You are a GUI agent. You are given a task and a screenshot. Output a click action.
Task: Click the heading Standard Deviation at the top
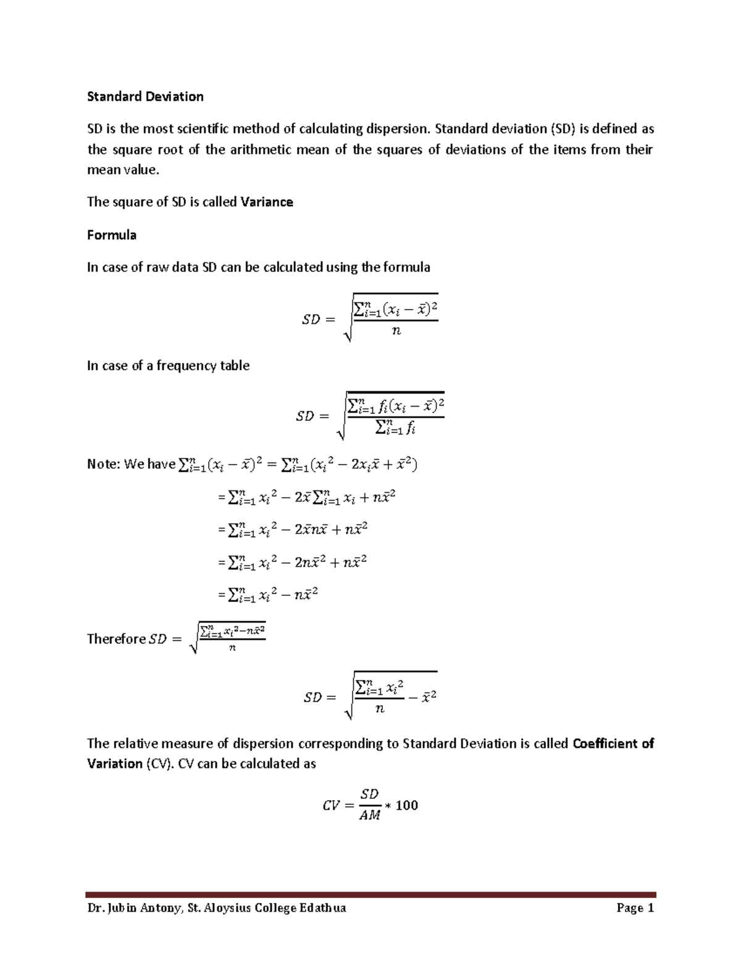[145, 97]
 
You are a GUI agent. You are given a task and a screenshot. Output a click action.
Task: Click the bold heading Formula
[112, 235]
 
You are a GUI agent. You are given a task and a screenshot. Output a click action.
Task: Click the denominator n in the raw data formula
[396, 331]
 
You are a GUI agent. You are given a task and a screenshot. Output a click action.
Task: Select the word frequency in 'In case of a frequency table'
[183, 366]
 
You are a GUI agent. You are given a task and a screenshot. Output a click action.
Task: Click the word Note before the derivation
[102, 465]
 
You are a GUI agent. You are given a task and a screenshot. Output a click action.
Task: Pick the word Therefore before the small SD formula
[116, 639]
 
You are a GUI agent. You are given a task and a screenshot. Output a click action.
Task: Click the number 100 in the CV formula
[406, 806]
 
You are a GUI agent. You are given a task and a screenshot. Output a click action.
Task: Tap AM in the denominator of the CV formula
[369, 816]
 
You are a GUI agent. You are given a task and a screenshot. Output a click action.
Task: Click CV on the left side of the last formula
[332, 806]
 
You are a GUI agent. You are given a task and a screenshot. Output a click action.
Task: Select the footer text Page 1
[635, 908]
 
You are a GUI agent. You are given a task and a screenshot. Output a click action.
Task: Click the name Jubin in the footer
[125, 908]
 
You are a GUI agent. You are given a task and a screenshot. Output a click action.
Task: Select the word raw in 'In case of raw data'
[156, 268]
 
